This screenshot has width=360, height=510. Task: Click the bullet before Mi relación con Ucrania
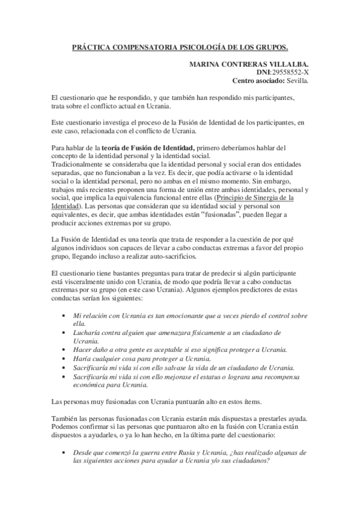coord(64,316)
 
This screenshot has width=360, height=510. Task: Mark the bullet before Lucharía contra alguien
coord(64,333)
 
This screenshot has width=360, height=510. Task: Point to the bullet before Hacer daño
coord(64,350)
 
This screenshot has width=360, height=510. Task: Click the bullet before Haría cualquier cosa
coord(64,358)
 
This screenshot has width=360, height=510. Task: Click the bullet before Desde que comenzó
coord(64,452)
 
